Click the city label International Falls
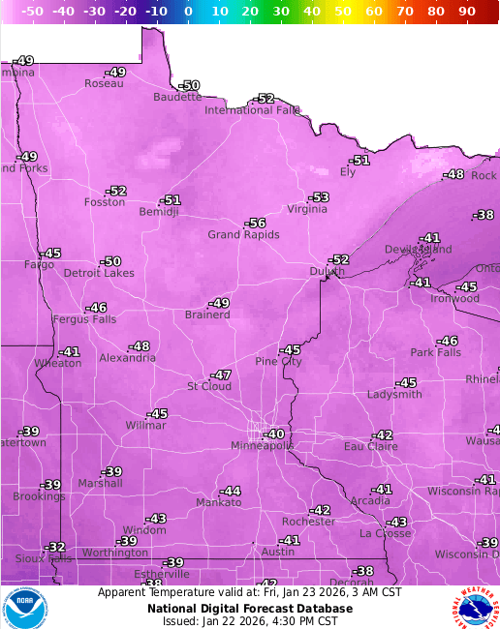tap(252, 110)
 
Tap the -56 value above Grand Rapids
tap(255, 224)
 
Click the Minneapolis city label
tap(262, 446)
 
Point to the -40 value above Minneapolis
tap(274, 434)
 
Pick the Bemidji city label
tap(159, 212)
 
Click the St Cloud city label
tap(209, 387)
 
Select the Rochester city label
tap(308, 522)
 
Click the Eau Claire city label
tap(370, 446)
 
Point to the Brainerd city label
tap(207, 314)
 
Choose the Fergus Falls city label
tap(83, 319)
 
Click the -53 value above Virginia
tap(319, 197)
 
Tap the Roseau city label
tap(104, 83)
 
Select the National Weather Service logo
tap(473, 608)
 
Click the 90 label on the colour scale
tap(465, 12)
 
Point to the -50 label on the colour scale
tap(32, 12)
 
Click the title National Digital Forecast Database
tap(250, 609)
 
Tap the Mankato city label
tap(219, 502)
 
